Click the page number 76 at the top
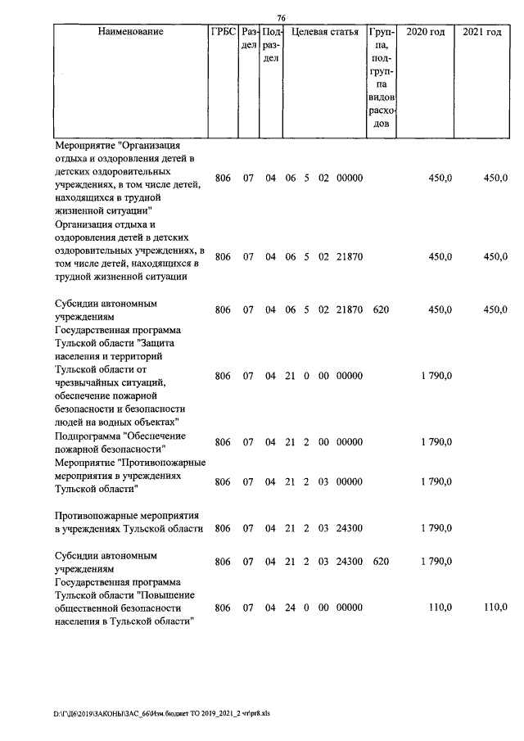[x=281, y=19]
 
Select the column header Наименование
[x=130, y=32]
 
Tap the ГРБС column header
[x=223, y=32]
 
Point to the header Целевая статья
[x=327, y=32]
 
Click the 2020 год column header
[x=426, y=32]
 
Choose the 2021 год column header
[x=481, y=32]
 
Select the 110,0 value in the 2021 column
[x=495, y=608]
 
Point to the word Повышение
[x=163, y=594]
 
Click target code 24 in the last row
[x=290, y=608]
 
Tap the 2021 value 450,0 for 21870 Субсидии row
[x=495, y=310]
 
